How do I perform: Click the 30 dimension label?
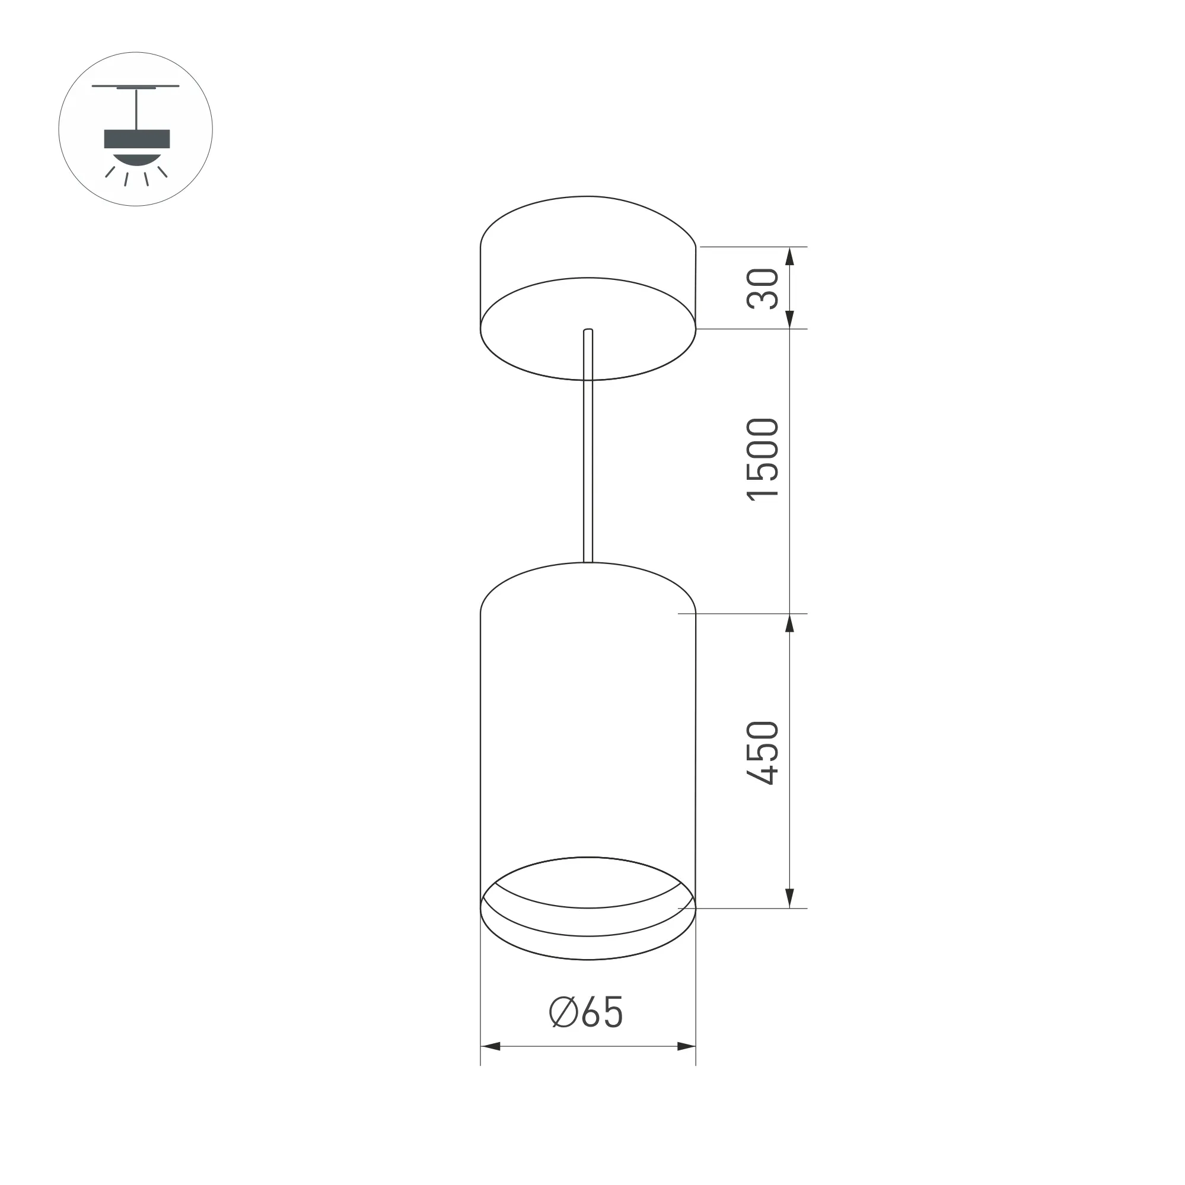pyautogui.click(x=763, y=288)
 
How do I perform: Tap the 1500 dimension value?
pyautogui.click(x=763, y=460)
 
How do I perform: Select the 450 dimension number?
pyautogui.click(x=763, y=753)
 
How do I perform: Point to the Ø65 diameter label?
pyautogui.click(x=587, y=1012)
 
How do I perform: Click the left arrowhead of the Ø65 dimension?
pyautogui.click(x=490, y=1046)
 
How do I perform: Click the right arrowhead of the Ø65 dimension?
pyautogui.click(x=686, y=1046)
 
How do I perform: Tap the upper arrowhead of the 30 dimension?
pyautogui.click(x=790, y=256)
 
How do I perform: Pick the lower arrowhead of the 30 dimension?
pyautogui.click(x=790, y=319)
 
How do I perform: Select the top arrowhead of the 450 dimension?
pyautogui.click(x=790, y=623)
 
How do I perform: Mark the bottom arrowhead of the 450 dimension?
pyautogui.click(x=790, y=898)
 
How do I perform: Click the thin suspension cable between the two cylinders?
pyautogui.click(x=588, y=466)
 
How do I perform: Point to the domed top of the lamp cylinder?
pyautogui.click(x=588, y=582)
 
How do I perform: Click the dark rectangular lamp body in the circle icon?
pyautogui.click(x=137, y=139)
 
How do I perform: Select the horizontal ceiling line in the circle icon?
pyautogui.click(x=136, y=86)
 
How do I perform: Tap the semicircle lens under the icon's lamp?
pyautogui.click(x=137, y=158)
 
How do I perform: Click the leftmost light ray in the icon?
pyautogui.click(x=110, y=172)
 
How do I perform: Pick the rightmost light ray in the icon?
pyautogui.click(x=163, y=172)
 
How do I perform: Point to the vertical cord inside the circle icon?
pyautogui.click(x=136, y=109)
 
